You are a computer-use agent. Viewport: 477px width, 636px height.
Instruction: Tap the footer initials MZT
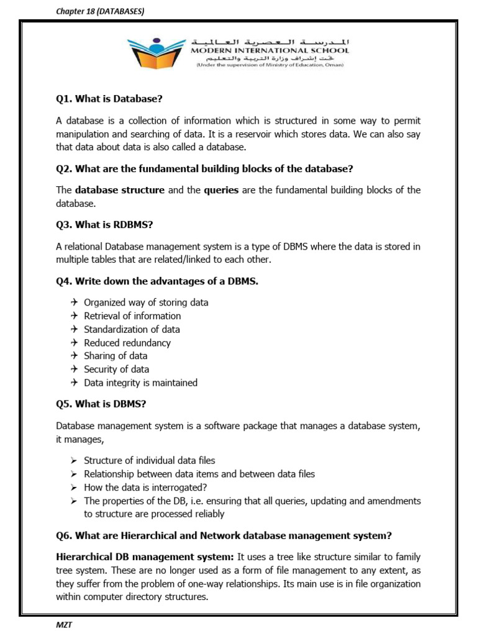coord(64,625)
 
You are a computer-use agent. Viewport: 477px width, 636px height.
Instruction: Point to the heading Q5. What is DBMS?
coord(101,404)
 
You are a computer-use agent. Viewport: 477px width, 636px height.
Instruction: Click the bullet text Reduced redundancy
coord(127,343)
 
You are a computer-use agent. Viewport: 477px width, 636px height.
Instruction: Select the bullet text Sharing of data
coord(116,356)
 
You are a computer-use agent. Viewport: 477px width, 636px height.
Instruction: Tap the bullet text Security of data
coord(116,370)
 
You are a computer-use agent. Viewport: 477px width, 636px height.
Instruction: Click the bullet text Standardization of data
coord(132,329)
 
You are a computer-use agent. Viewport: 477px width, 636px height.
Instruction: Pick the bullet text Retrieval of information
coord(132,316)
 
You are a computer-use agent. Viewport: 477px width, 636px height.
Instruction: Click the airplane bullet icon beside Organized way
coord(74,302)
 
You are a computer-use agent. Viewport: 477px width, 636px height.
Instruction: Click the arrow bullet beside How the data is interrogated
coord(74,488)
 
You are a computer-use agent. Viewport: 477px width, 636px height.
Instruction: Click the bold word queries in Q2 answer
coord(221,190)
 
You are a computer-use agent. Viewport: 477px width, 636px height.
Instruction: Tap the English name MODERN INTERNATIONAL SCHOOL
coord(270,50)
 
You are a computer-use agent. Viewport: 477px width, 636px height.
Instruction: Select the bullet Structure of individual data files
coord(150,460)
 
